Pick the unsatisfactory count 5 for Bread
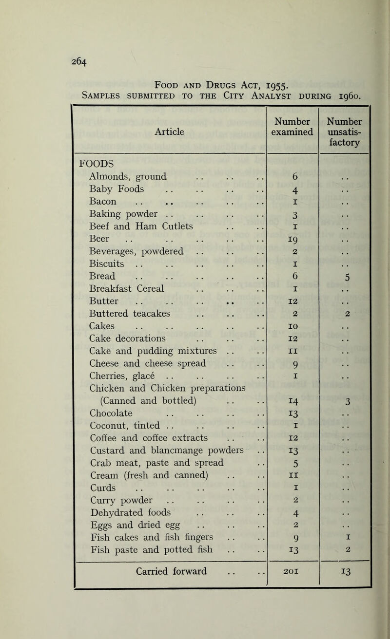click(345, 277)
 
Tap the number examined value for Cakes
click(292, 328)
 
